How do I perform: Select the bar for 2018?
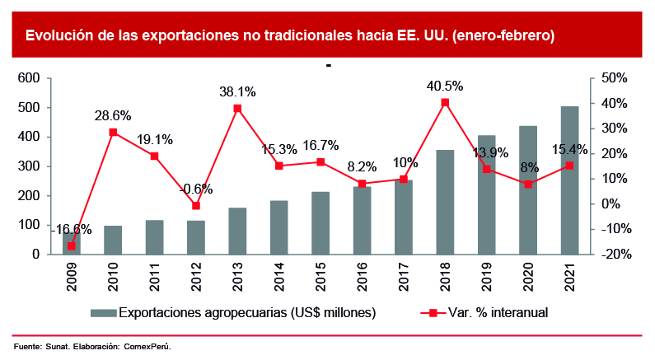point(445,202)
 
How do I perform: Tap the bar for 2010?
point(113,240)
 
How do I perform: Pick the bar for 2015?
point(320,222)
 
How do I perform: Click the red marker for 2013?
point(237,108)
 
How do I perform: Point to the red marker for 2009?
point(71,245)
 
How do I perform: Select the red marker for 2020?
point(528,184)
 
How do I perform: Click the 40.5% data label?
point(445,86)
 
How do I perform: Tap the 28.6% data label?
point(113,116)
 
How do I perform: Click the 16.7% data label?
point(320,146)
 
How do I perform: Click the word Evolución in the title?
point(58,35)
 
